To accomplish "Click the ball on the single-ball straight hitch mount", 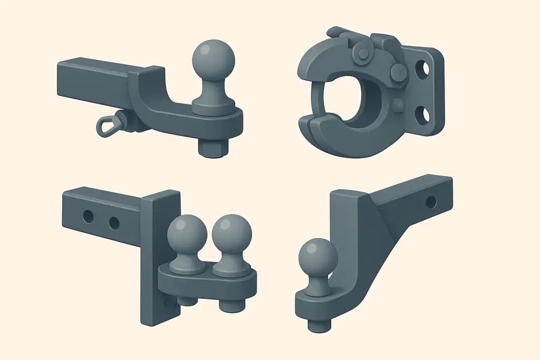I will tap(213, 60).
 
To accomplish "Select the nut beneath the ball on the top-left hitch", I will tap(214, 147).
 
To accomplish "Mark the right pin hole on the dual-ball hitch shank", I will tap(114, 223).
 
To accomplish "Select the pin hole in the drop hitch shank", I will tap(431, 201).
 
